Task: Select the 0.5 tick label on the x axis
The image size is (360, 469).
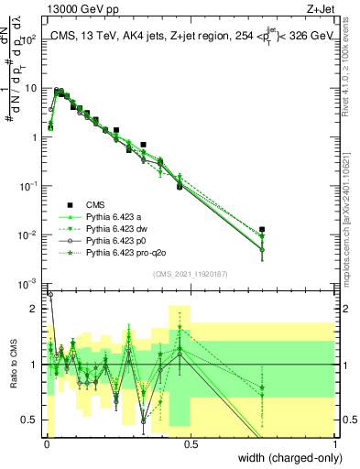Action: coord(191,444)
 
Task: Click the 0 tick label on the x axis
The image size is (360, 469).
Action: coord(46,444)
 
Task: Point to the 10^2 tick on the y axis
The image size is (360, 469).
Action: coord(31,39)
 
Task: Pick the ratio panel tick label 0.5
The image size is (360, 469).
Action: coord(32,420)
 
